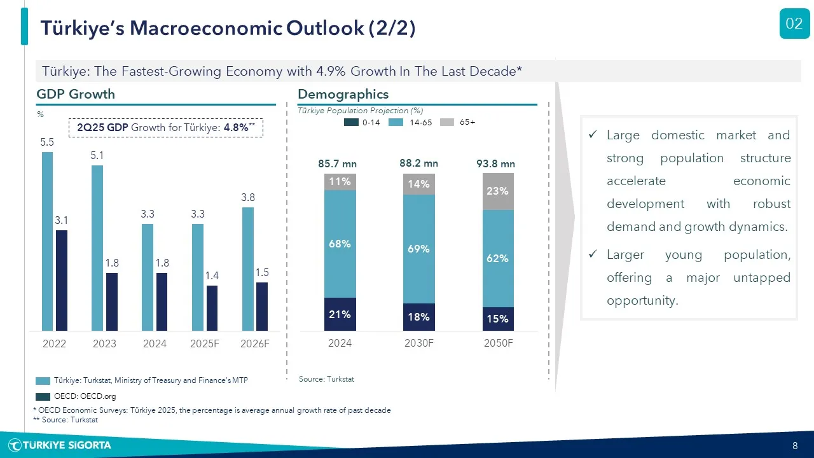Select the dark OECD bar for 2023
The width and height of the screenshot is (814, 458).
(112, 302)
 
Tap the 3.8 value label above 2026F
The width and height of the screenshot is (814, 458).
(248, 198)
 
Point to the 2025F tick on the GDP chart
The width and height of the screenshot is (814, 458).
(205, 343)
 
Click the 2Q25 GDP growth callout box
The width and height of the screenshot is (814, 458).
(165, 127)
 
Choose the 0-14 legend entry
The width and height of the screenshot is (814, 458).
(362, 122)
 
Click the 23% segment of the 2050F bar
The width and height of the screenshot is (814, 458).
(498, 191)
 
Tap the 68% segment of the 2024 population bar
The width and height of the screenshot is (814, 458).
(340, 244)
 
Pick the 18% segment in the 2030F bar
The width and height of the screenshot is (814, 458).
(419, 317)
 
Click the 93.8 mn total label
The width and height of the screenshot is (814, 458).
(495, 164)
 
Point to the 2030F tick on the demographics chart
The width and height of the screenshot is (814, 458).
(419, 343)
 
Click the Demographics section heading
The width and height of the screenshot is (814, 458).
(343, 94)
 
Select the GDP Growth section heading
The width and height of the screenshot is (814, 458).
(76, 94)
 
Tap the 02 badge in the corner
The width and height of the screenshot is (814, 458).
(794, 24)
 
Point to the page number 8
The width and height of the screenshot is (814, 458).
(795, 445)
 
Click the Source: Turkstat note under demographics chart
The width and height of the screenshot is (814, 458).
(326, 379)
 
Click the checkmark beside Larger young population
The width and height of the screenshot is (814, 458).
(593, 254)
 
